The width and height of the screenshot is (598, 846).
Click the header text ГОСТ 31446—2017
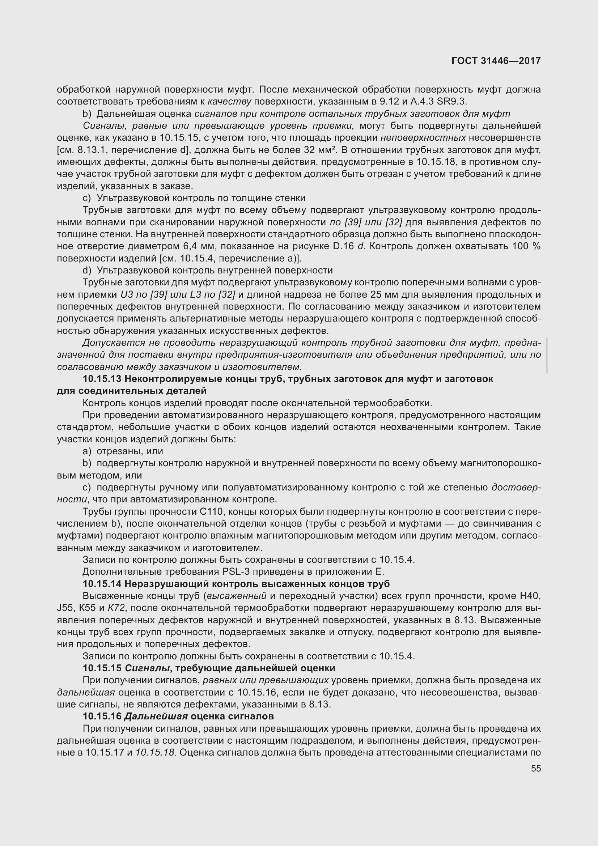(x=496, y=61)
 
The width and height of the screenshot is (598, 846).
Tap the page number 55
(x=536, y=769)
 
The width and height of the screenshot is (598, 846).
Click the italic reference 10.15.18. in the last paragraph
(x=155, y=752)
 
